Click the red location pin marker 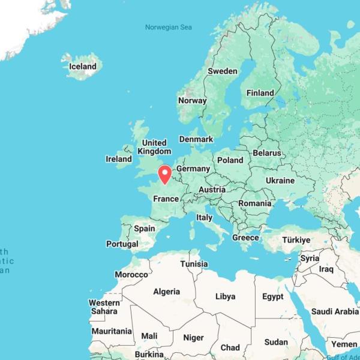pos(164,174)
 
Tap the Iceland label pos(83,67)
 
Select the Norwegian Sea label pos(169,27)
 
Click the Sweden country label pos(222,71)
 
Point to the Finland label pos(260,93)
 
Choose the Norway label pos(192,100)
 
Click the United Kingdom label pos(154,147)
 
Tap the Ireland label pos(119,159)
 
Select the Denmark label pos(196,139)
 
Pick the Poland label pos(230,160)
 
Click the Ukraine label pos(280,180)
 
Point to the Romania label pos(254,203)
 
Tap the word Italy pos(204,217)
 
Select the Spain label pos(145,228)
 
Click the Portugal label pos(122,244)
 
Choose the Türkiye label pos(296,240)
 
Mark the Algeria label pos(166,292)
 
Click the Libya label pos(225,296)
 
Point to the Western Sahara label pos(104,307)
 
